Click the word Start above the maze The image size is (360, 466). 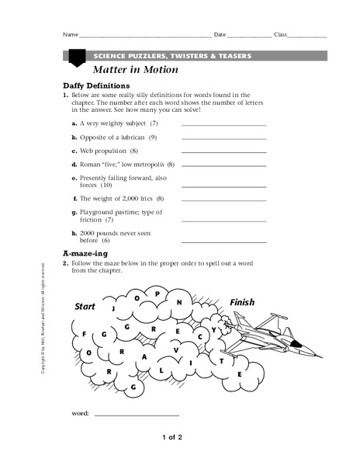pos(85,307)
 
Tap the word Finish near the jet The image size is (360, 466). pos(242,302)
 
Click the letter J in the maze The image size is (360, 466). pos(114,308)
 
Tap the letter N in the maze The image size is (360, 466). pos(179,302)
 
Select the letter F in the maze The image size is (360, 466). pos(83,335)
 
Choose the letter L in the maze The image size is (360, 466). pos(161,370)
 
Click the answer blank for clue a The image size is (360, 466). pos(223,124)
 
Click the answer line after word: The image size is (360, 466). pos(136,415)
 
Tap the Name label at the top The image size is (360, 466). pos(71,35)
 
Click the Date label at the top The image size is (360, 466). pos(220,35)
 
